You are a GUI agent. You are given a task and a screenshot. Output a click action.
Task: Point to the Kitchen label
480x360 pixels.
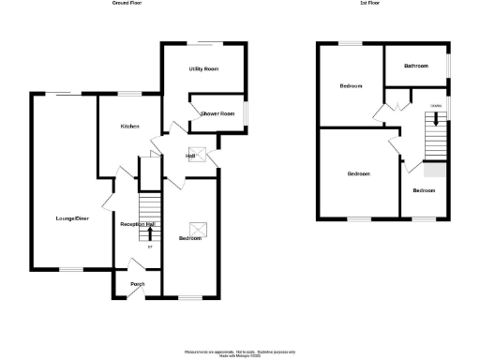pyautogui.click(x=129, y=126)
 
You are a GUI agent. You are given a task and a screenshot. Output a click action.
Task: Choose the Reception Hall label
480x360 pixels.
pyautogui.click(x=137, y=224)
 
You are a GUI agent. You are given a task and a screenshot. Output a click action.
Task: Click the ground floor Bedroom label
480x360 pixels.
pyautogui.click(x=190, y=238)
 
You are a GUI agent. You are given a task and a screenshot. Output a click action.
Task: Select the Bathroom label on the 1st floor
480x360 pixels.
pyautogui.click(x=415, y=66)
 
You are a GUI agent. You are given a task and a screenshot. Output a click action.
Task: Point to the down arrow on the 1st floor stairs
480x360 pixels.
pyautogui.click(x=436, y=117)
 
